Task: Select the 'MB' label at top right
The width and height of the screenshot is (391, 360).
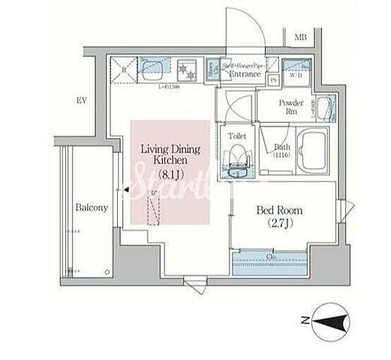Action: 300,37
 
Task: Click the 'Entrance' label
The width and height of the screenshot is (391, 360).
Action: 245,74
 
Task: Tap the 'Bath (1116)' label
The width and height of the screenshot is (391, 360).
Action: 282,151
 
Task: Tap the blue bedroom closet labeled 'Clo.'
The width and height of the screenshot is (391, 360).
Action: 271,259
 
